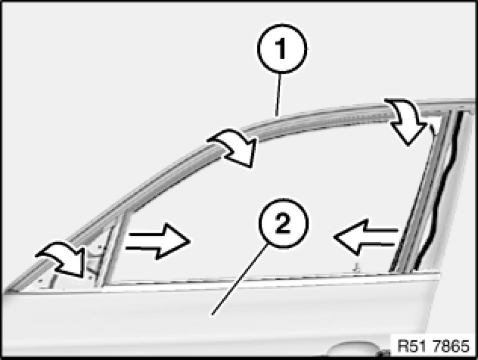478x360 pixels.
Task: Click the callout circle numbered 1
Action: [282, 49]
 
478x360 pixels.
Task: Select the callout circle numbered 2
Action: [283, 223]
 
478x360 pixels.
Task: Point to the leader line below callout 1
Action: [278, 95]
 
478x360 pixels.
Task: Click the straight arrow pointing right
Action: [158, 241]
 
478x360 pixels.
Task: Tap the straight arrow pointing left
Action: [366, 237]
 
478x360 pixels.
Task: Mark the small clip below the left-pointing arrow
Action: [355, 268]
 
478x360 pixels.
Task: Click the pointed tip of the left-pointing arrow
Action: [334, 237]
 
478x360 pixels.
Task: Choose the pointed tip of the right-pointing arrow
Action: [191, 241]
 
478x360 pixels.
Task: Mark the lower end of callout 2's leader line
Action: [212, 314]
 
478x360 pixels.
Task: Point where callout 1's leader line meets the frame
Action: [276, 116]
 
